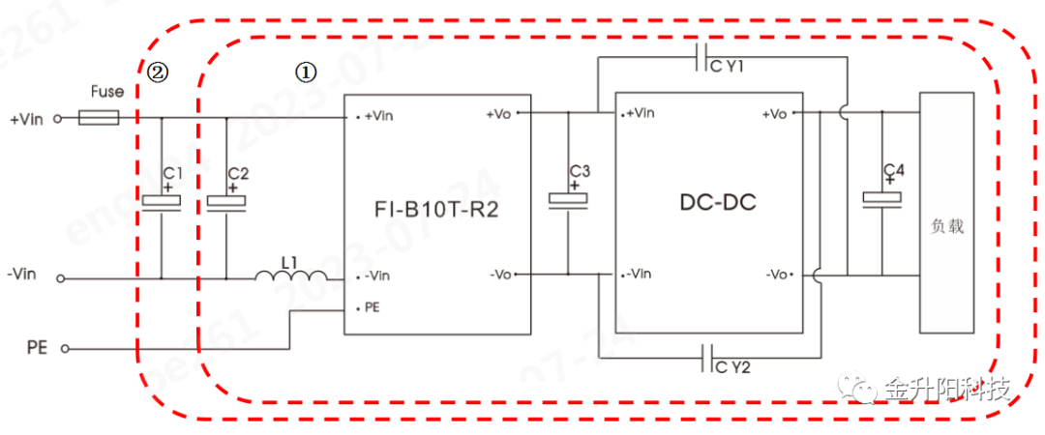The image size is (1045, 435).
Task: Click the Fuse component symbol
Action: pos(98,119)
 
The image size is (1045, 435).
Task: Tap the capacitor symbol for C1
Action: pos(161,202)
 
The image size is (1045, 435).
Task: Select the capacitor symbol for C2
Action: pos(226,202)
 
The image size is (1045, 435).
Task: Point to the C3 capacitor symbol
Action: pos(568,200)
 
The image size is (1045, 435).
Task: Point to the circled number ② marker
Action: pos(158,71)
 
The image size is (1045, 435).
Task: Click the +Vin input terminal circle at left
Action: pos(57,119)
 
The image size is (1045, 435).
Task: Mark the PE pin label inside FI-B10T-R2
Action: pos(373,308)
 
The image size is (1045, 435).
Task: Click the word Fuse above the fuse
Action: pos(106,92)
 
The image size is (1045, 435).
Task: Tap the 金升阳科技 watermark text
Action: pos(947,390)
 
